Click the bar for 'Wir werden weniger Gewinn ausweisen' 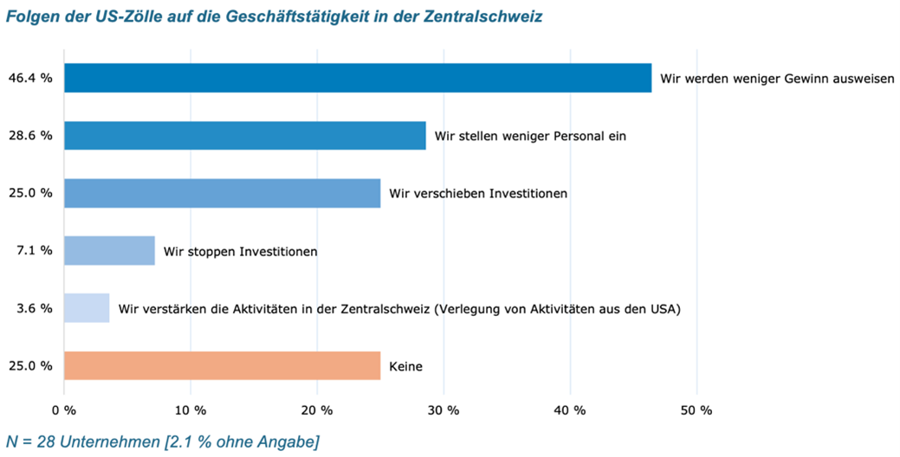357,78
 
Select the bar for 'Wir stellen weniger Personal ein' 244,136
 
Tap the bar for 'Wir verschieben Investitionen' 222,193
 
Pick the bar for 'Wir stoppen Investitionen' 109,251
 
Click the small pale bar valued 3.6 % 87,308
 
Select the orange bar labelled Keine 222,365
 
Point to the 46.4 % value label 30,78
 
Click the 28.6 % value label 30,136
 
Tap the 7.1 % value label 34,251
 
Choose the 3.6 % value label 34,308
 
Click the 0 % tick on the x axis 64,409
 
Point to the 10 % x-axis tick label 191,409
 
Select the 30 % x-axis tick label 444,409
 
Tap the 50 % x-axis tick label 697,409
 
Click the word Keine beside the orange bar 406,366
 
